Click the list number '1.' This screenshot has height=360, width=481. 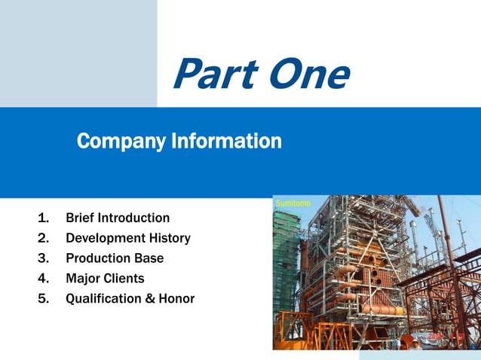[x=43, y=218]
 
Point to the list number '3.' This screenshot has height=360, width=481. [x=43, y=259]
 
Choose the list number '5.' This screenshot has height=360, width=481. [x=43, y=299]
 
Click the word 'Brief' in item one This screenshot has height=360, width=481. [x=81, y=218]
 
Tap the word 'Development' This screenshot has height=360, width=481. [x=106, y=239]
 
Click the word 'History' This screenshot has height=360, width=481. [x=170, y=239]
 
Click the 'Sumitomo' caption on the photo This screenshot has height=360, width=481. [x=293, y=203]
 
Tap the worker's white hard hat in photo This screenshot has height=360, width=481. [x=415, y=342]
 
